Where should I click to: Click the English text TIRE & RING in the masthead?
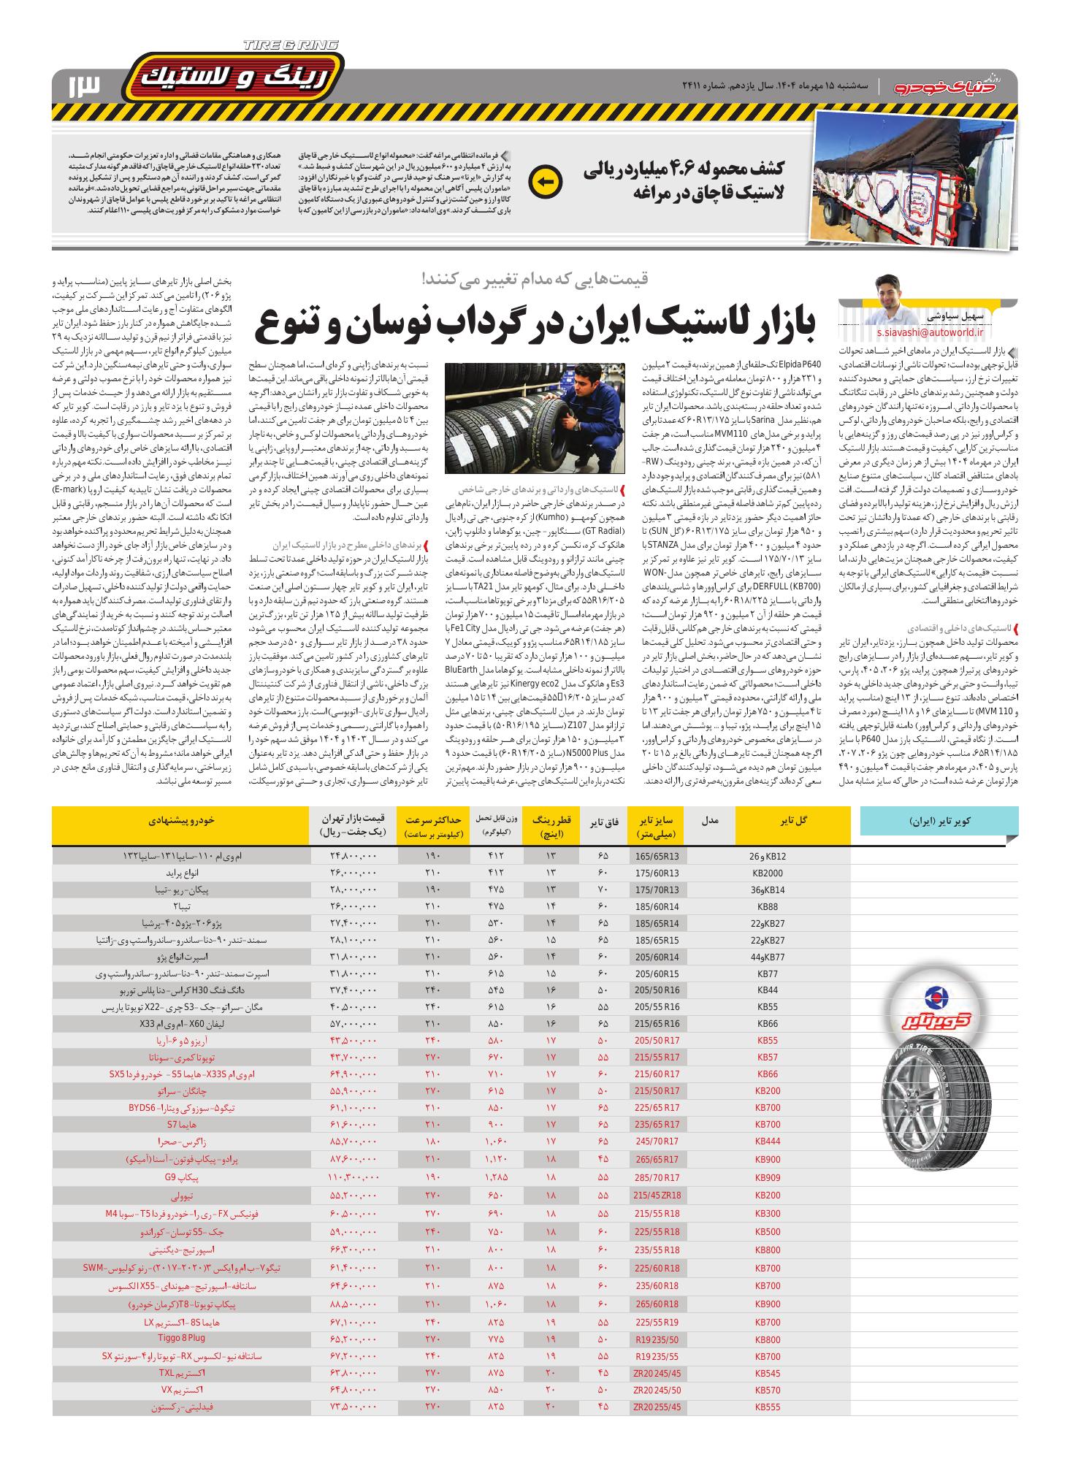pyautogui.click(x=291, y=46)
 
